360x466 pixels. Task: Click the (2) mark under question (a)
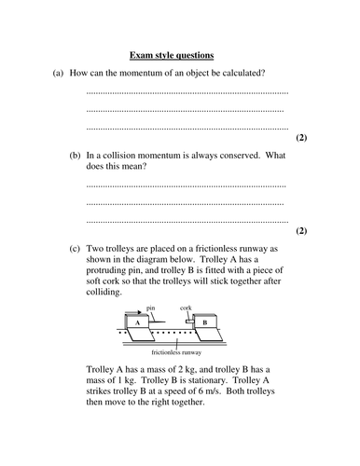(300, 137)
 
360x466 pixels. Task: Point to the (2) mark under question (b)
(300, 229)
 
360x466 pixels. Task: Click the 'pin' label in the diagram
(150, 307)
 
